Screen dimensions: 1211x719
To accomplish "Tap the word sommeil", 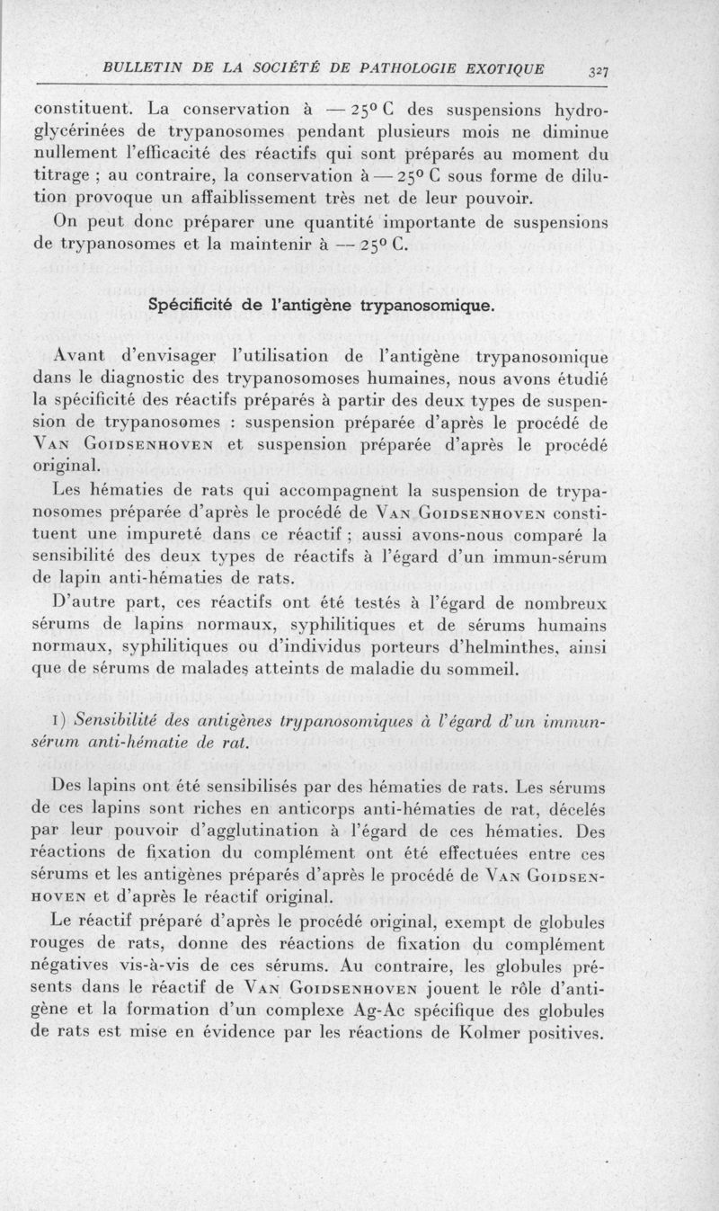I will pos(447,671).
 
